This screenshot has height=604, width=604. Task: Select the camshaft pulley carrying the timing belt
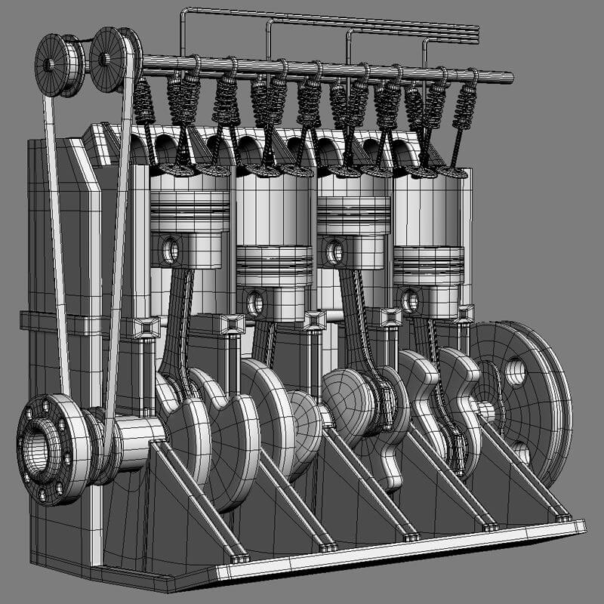click(x=111, y=57)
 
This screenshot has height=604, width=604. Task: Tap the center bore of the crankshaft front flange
click(x=38, y=451)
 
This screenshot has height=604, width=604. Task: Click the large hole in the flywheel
click(x=515, y=371)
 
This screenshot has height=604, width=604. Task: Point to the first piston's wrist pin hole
click(x=171, y=250)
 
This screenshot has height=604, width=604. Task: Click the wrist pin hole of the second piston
click(x=255, y=303)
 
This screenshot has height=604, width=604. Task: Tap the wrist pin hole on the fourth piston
click(x=411, y=300)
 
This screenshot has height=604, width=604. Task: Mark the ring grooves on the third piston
click(x=353, y=207)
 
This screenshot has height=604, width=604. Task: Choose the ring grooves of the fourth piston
click(x=428, y=260)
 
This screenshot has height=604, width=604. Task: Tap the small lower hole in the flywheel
click(x=520, y=451)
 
